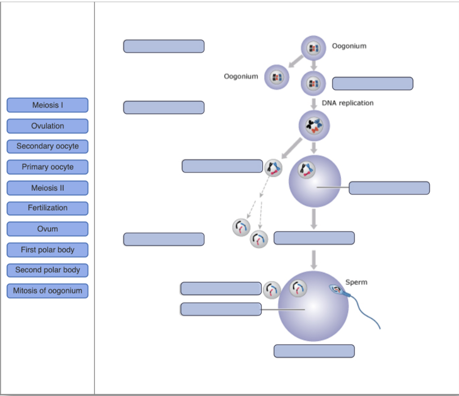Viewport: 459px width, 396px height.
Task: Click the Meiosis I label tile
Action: (48, 105)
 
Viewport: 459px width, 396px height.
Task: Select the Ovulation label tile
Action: (48, 126)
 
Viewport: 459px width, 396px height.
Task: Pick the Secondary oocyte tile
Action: (48, 146)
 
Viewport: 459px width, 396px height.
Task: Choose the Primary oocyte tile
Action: (48, 167)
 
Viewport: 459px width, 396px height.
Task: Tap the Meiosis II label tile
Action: (48, 188)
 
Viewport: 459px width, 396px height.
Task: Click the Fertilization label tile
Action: (48, 208)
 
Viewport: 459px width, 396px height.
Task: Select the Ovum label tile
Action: (48, 229)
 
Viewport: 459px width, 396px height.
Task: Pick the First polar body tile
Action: (48, 250)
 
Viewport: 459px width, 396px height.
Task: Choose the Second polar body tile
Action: (48, 270)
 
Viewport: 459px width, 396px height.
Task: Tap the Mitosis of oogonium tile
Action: (48, 290)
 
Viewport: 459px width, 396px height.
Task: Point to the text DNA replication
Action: (347, 103)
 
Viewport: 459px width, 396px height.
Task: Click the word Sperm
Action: (356, 282)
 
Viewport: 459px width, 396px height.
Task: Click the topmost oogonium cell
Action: (313, 48)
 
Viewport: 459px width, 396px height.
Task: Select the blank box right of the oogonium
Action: (372, 84)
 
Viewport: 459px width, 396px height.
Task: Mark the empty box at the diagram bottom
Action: (314, 351)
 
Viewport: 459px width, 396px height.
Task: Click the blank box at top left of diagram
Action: (164, 46)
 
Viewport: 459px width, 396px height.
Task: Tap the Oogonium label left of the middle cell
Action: (241, 76)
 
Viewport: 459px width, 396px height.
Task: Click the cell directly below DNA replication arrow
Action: (314, 125)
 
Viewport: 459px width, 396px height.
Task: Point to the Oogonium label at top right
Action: (349, 46)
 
